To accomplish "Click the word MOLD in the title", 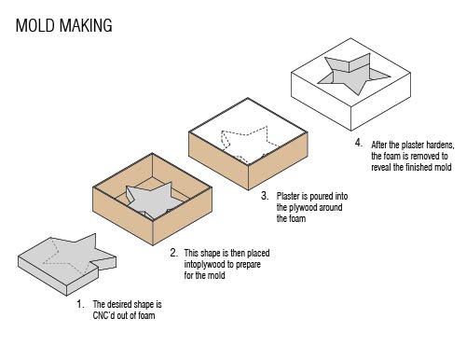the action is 35,25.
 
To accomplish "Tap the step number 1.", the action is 80,304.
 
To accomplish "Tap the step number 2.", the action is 174,253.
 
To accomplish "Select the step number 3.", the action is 265,196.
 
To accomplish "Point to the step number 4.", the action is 359,143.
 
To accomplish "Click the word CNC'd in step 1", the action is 103,315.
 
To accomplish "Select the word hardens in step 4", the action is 440,145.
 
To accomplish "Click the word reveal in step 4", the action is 381,167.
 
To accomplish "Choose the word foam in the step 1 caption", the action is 146,315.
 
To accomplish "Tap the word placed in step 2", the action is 258,254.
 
